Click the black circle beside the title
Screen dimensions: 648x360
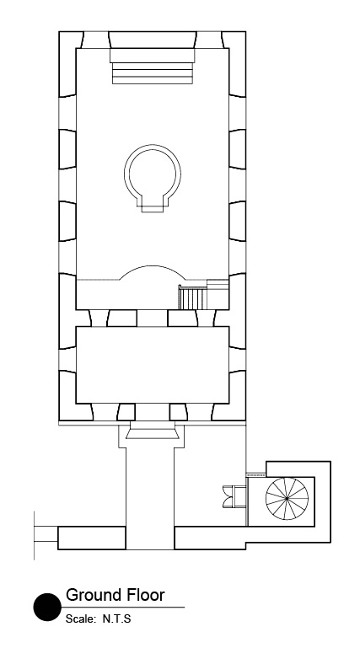tap(47, 607)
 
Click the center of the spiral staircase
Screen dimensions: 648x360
tap(287, 498)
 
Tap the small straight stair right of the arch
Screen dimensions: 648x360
tap(193, 297)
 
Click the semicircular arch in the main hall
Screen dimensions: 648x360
tap(153, 273)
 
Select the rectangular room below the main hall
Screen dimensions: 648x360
tap(153, 364)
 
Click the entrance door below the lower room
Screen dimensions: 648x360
tap(153, 434)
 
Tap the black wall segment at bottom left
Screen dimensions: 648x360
tap(91, 538)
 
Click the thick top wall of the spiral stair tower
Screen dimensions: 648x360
tap(298, 467)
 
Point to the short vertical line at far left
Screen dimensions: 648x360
tap(35, 534)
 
